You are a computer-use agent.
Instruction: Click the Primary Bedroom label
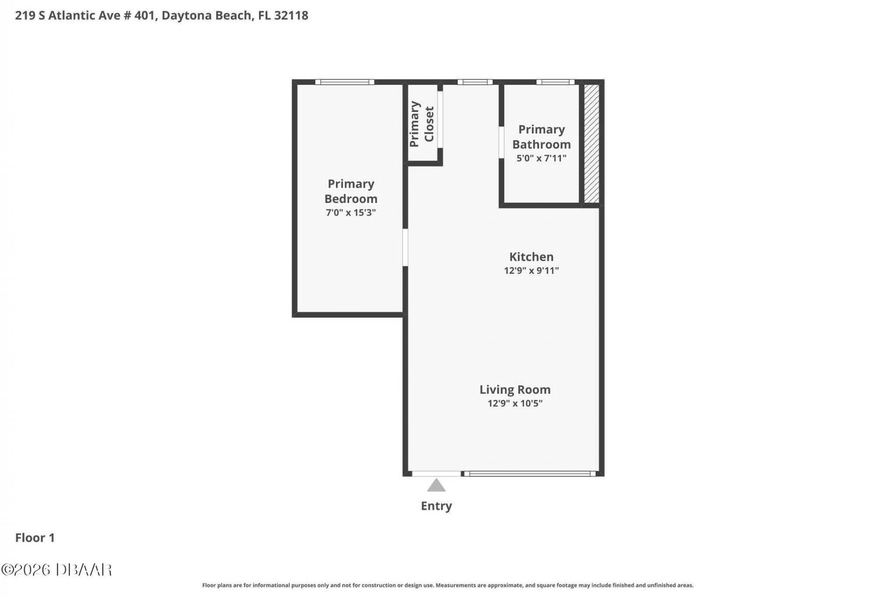(x=351, y=191)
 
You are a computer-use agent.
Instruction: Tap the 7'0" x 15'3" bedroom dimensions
(x=351, y=213)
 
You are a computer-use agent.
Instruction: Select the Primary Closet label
(x=422, y=124)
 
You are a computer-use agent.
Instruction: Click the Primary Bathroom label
(x=541, y=137)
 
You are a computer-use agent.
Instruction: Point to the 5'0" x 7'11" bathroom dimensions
(x=541, y=158)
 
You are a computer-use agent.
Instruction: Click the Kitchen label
(x=532, y=257)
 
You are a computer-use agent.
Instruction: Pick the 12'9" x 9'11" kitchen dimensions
(x=532, y=271)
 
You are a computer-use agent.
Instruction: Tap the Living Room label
(x=515, y=389)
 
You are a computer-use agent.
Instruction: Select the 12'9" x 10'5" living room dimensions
(x=515, y=403)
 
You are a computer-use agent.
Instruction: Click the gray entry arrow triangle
(x=436, y=486)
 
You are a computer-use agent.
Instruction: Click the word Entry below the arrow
(x=436, y=506)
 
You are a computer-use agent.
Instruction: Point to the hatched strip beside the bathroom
(x=592, y=144)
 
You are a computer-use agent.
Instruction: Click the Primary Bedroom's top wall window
(x=345, y=82)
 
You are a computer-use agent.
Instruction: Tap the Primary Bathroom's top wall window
(x=555, y=82)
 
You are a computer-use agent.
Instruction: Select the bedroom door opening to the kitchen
(x=405, y=247)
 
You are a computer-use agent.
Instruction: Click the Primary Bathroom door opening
(x=501, y=142)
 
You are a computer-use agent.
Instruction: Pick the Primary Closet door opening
(x=440, y=120)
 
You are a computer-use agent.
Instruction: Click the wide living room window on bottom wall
(x=530, y=474)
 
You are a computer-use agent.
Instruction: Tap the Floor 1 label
(x=35, y=538)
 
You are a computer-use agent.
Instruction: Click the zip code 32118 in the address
(x=291, y=15)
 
